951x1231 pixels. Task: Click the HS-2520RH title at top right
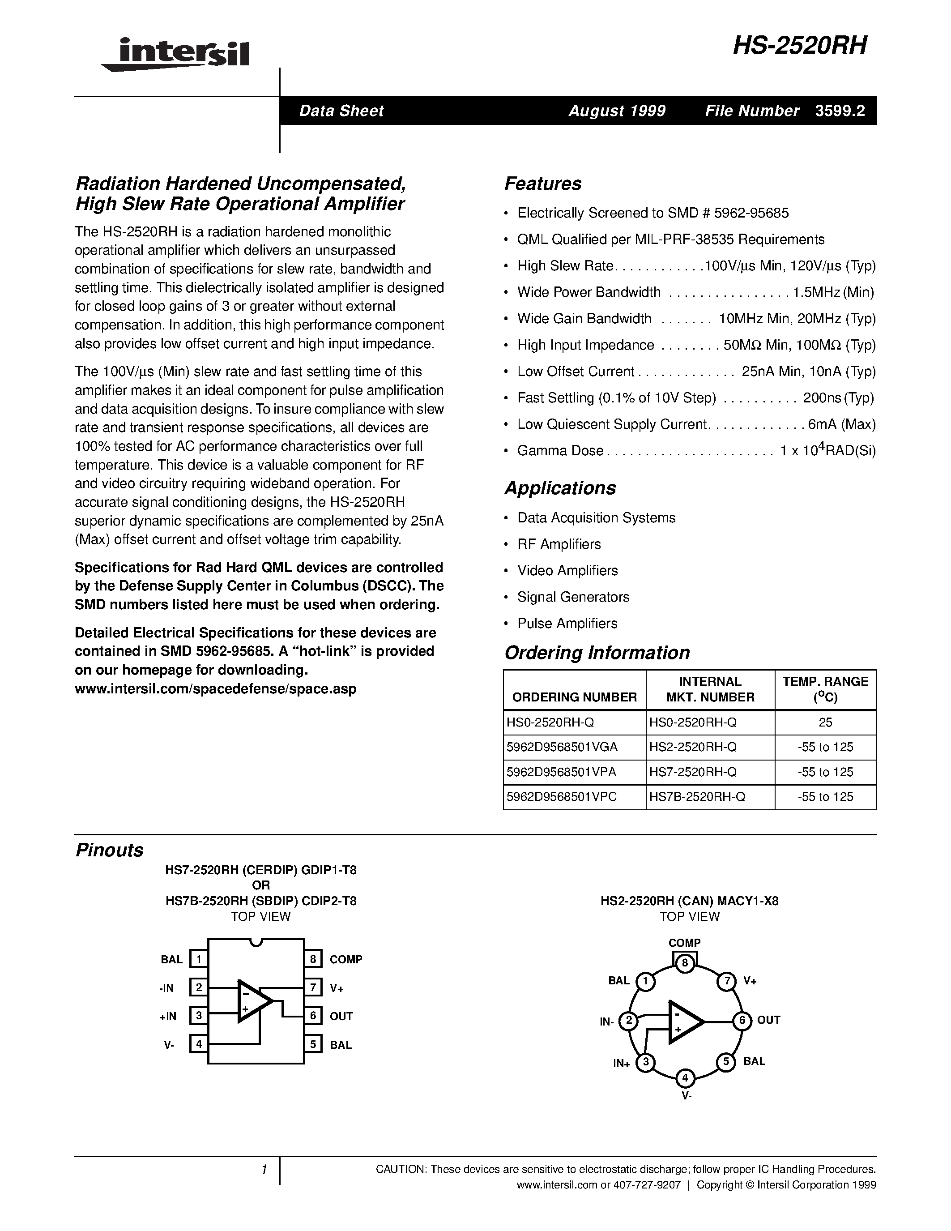(x=800, y=46)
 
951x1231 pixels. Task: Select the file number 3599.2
(x=840, y=111)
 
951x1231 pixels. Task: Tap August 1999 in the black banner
(x=617, y=111)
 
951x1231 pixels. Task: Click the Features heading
(x=542, y=184)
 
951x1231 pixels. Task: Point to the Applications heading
(x=560, y=487)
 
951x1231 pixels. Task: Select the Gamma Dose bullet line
(x=696, y=450)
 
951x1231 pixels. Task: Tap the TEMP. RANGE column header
(x=825, y=689)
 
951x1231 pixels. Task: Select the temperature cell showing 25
(x=825, y=722)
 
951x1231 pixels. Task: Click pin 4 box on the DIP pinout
(x=199, y=1044)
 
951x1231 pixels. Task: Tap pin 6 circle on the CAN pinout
(x=742, y=1020)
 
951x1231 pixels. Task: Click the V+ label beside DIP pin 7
(x=337, y=988)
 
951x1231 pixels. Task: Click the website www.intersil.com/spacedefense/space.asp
(x=215, y=689)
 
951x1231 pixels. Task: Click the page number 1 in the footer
(x=263, y=1170)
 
